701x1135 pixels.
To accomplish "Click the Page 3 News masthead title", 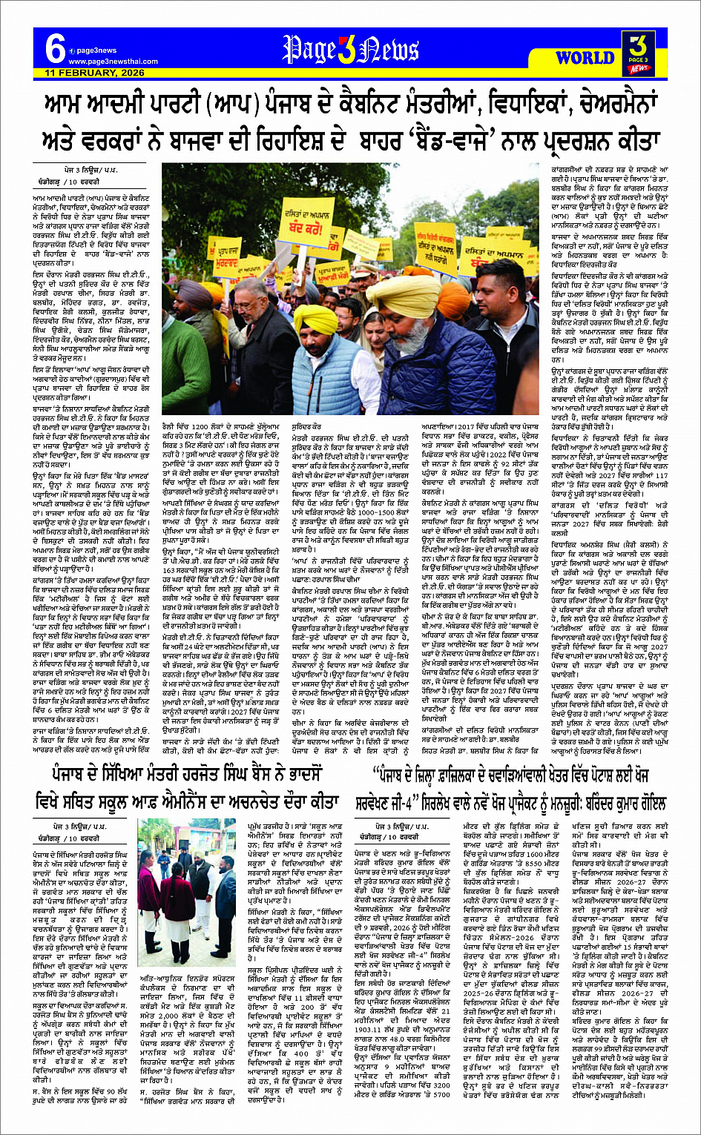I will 351,50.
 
